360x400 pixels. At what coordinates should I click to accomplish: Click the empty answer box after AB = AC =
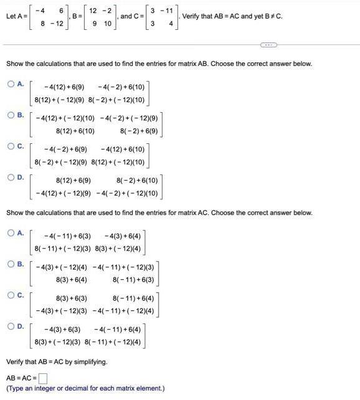pos(43,378)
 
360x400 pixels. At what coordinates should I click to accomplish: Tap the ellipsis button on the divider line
pos(269,45)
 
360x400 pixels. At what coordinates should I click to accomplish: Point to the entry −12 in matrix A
pos(59,23)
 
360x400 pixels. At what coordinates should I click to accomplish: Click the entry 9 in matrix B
pos(93,23)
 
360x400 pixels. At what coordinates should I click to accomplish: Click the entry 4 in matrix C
pos(169,23)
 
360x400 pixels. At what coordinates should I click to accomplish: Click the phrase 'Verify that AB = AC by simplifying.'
pos(57,361)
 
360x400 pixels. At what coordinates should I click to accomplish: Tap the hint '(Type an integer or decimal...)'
pos(85,388)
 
